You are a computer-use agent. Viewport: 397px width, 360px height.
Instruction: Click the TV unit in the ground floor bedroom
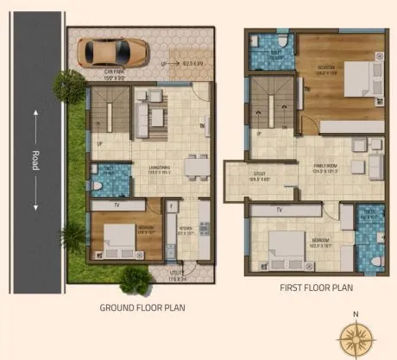(117, 205)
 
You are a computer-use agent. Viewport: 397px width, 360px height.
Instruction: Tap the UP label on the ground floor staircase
(100, 143)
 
